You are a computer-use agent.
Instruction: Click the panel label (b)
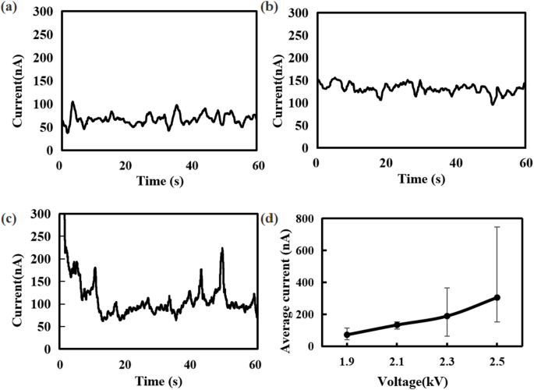(x=269, y=9)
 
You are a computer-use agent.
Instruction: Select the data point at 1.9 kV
(x=347, y=335)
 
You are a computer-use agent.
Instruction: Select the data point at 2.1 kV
(x=397, y=324)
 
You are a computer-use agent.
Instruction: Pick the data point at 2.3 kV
(x=447, y=316)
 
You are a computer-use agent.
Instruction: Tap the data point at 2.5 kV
(x=497, y=297)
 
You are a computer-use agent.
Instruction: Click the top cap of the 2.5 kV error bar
(x=497, y=227)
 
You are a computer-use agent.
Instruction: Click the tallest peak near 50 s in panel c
(x=222, y=250)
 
